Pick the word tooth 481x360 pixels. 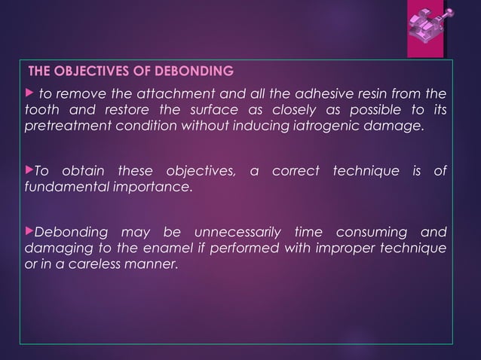[x=39, y=109]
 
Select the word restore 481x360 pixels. [x=112, y=109]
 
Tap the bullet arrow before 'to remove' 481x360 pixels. [x=29, y=94]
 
